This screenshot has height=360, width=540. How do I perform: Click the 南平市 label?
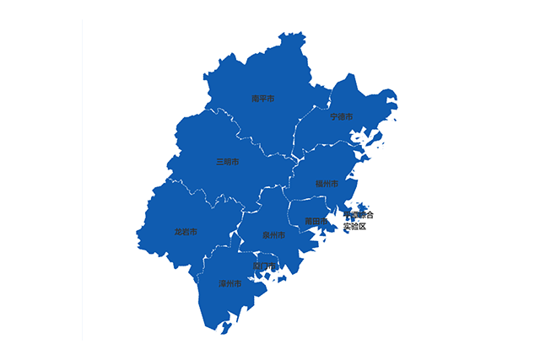[x=262, y=99]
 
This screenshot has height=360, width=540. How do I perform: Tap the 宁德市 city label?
[x=342, y=116]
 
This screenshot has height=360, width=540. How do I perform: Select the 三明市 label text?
[x=227, y=161]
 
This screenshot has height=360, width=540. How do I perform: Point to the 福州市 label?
[x=327, y=183]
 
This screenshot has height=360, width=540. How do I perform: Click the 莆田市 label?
[x=316, y=221]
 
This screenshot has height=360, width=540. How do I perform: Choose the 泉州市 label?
[x=273, y=235]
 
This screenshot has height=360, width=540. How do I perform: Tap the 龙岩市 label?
[x=186, y=231]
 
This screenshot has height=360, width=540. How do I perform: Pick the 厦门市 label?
[x=263, y=266]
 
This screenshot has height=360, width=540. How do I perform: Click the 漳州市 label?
[x=229, y=284]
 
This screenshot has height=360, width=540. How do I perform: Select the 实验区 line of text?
[x=355, y=227]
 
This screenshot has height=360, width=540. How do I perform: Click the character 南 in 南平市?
[x=256, y=99]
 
